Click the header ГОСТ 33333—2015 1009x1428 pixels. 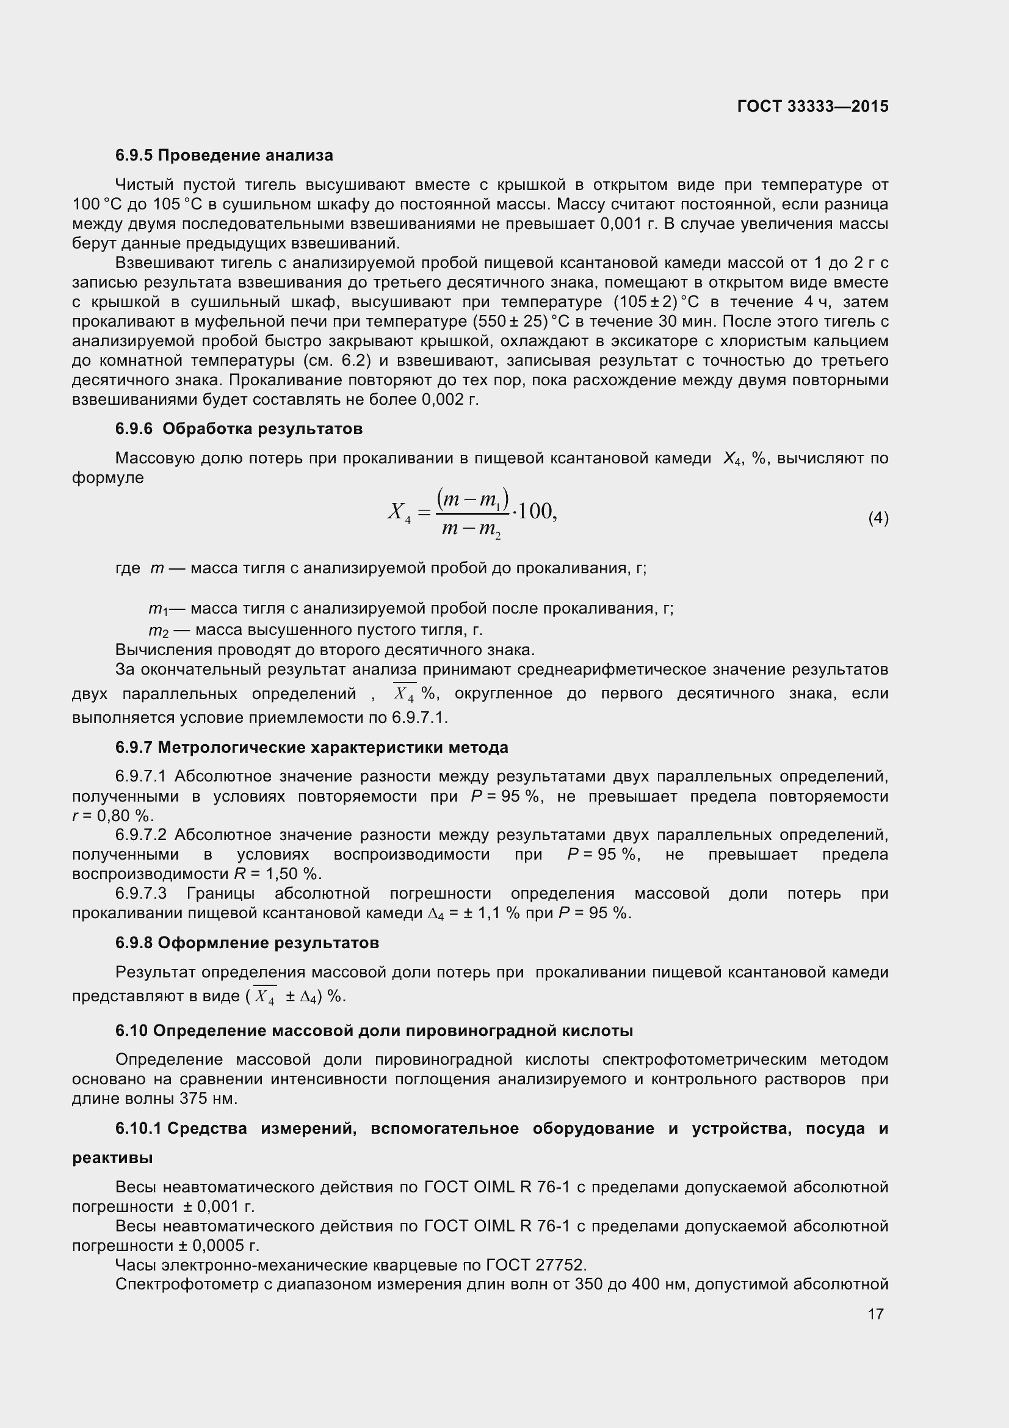[812, 106]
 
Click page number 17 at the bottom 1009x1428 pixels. [875, 1314]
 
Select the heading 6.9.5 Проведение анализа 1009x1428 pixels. [224, 155]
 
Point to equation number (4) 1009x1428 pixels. [878, 518]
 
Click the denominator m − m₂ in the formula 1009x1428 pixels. [471, 530]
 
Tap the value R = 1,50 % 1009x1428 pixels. [277, 874]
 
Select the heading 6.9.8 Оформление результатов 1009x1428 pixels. [247, 942]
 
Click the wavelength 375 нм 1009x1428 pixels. [208, 1098]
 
